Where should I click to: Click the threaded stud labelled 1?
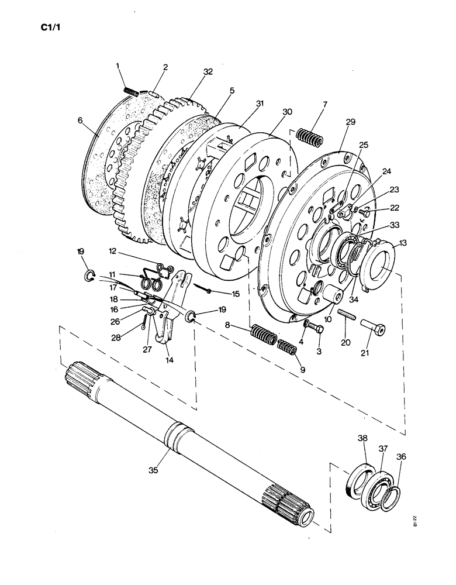point(130,91)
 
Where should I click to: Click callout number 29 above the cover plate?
point(350,121)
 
